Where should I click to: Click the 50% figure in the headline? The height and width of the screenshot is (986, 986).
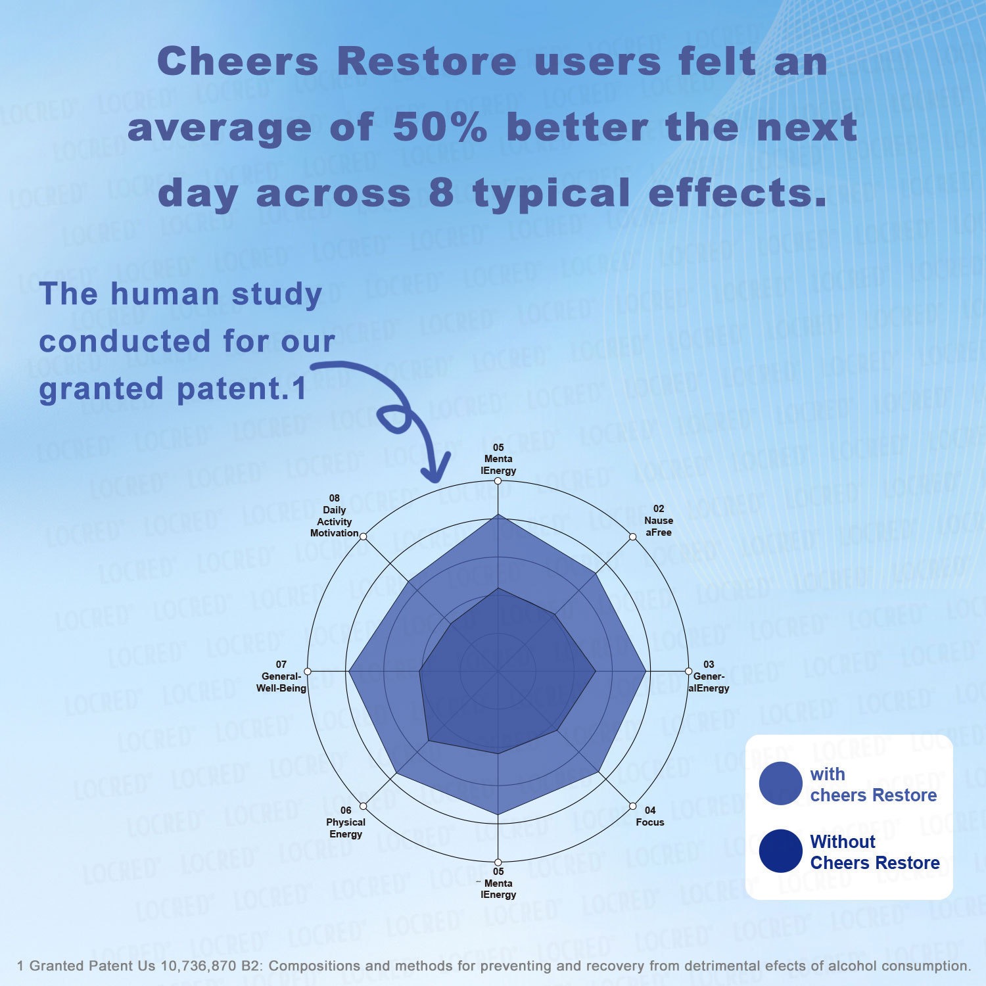(440, 127)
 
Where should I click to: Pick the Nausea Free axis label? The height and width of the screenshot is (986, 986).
(658, 521)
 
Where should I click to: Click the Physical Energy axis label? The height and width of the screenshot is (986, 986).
(346, 822)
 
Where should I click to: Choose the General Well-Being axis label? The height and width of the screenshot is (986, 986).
(281, 677)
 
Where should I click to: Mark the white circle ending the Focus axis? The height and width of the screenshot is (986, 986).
(632, 806)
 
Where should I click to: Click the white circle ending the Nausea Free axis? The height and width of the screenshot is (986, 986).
(633, 537)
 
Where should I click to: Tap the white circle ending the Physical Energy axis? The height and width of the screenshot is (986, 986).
(364, 806)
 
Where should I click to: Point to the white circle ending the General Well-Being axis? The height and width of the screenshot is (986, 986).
(308, 671)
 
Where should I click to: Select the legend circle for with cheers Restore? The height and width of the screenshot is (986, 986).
(780, 784)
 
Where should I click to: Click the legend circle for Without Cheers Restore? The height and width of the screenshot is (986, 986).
(780, 851)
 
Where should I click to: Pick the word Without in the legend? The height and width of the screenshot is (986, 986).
(843, 841)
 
